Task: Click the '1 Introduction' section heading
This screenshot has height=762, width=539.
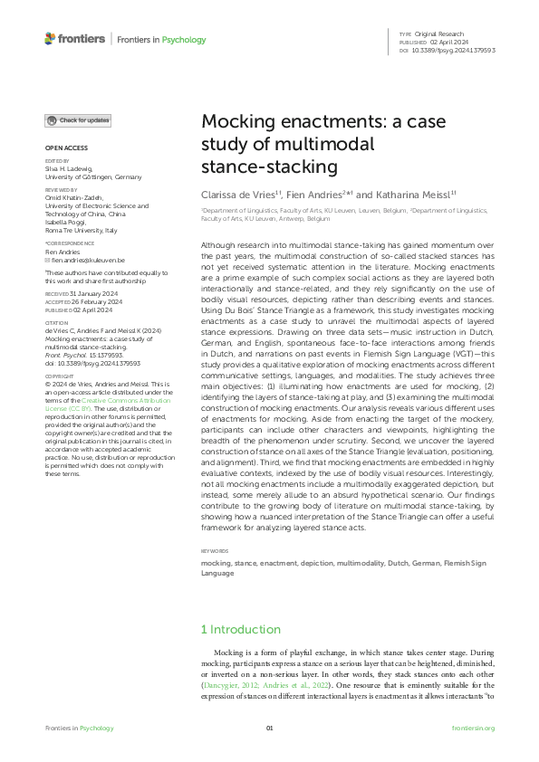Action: (x=241, y=629)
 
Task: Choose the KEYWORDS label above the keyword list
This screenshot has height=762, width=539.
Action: (x=216, y=550)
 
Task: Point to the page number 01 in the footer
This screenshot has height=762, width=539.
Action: (x=269, y=728)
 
